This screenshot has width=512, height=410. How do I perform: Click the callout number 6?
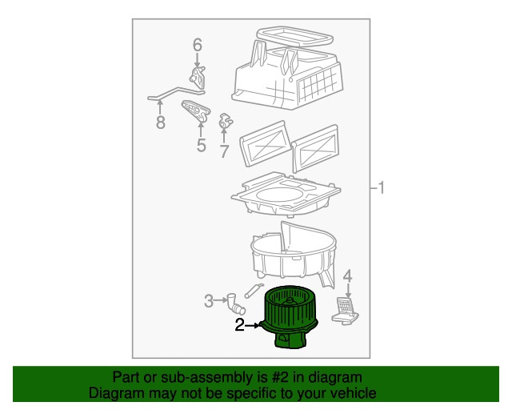(x=198, y=45)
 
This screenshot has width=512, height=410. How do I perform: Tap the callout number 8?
(x=160, y=123)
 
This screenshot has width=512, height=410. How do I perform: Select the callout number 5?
(x=201, y=145)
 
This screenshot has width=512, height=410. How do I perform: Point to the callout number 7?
(x=224, y=151)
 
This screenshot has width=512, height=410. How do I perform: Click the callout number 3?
(x=209, y=301)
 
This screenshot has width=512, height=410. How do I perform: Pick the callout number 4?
(x=347, y=276)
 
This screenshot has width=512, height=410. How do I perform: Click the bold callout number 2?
(x=240, y=325)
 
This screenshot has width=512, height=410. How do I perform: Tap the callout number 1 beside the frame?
(x=381, y=188)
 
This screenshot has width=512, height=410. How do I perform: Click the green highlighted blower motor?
(x=290, y=317)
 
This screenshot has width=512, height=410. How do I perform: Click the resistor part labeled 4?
(x=345, y=310)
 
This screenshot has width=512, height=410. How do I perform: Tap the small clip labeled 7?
(x=226, y=121)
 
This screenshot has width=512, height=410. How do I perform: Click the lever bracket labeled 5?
(x=195, y=111)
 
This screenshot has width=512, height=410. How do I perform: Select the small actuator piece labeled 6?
(x=198, y=78)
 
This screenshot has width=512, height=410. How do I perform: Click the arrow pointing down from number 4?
(x=348, y=291)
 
